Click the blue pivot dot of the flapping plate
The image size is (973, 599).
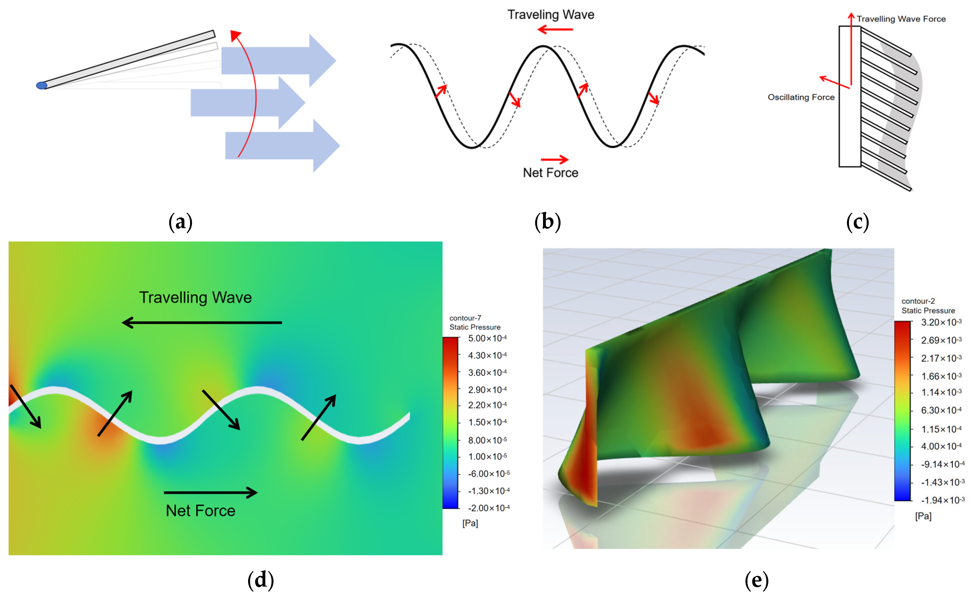[41, 85]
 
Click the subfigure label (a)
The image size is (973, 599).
[180, 222]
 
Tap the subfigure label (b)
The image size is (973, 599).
[548, 222]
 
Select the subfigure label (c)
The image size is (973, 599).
[858, 222]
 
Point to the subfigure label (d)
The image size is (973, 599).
[261, 580]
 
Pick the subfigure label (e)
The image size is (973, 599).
[757, 580]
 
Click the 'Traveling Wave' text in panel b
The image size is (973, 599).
[551, 15]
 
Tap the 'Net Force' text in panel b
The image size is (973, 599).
[550, 173]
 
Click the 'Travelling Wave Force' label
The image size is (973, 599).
[901, 19]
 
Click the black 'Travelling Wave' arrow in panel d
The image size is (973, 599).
[202, 322]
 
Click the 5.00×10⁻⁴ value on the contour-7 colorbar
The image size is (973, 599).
[487, 338]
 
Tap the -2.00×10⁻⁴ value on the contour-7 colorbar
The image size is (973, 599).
[489, 508]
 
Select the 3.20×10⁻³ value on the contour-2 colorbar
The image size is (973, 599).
[941, 322]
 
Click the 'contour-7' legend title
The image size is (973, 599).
[465, 318]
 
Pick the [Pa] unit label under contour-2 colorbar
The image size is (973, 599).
[923, 516]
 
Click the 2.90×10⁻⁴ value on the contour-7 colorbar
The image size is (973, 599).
[487, 390]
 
